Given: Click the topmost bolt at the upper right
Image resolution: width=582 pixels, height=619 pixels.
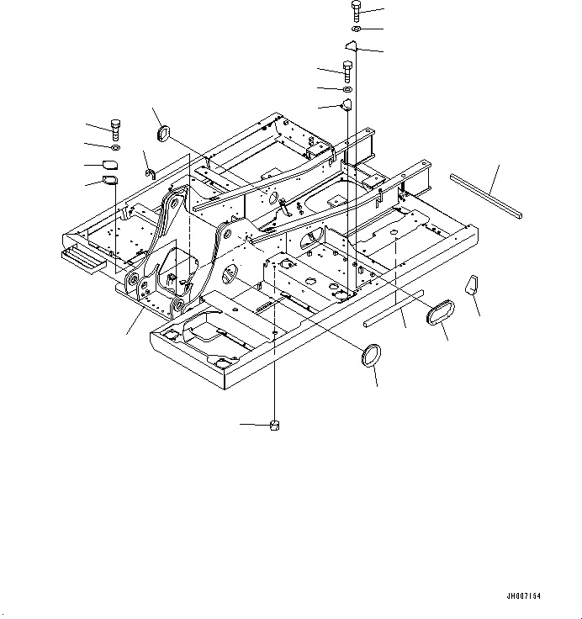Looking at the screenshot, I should coord(356,11).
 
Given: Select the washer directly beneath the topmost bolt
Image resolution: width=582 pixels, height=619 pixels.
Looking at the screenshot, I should coord(357,30).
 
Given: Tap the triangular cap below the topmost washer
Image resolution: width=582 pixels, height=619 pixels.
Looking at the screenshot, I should coord(353,46).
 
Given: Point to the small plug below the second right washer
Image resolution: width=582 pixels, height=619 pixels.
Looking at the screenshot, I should coord(345,105).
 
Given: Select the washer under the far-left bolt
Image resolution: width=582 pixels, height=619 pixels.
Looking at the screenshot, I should coord(114,148).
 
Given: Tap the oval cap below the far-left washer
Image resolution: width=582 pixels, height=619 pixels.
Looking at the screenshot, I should coord(112,164).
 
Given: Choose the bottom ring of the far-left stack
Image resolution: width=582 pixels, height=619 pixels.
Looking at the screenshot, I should coord(110,180).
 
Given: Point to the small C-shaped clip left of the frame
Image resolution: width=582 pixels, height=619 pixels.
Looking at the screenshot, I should coord(151,173).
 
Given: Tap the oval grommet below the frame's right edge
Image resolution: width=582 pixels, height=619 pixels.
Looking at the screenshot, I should coord(441,315).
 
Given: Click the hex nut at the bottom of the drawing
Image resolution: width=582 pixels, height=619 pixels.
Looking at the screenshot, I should coord(274,425).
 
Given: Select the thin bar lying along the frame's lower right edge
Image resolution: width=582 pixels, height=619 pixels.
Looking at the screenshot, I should coord(394,308).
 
